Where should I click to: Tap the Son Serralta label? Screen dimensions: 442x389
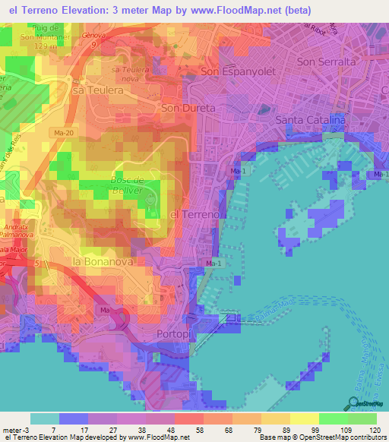click(327, 62)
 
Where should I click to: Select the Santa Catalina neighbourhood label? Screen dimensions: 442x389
click(311, 120)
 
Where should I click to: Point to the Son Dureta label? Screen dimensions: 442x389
click(188, 109)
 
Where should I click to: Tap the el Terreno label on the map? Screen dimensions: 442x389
click(195, 215)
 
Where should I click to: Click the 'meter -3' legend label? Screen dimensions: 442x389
click(17, 429)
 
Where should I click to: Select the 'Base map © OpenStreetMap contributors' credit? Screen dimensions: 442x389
click(322, 437)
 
